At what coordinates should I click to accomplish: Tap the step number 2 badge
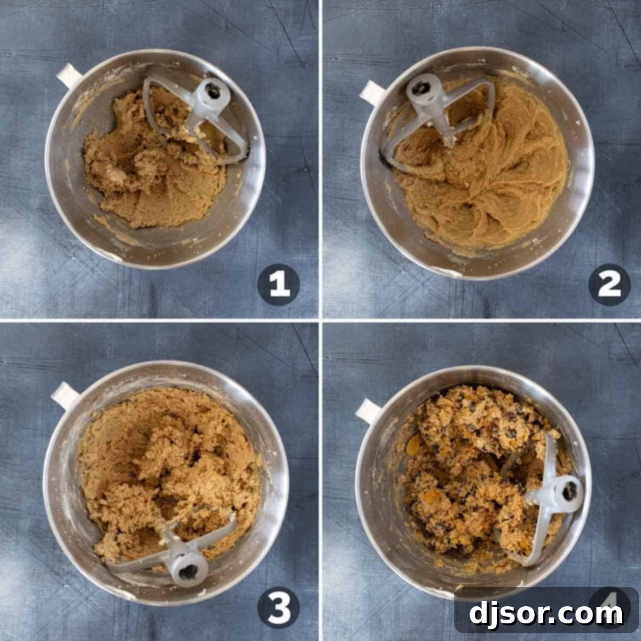pos(609,285)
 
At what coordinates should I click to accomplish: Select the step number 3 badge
pos(279,607)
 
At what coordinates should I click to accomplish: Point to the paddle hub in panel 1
pos(213,95)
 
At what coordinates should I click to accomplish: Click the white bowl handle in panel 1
pos(68,75)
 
